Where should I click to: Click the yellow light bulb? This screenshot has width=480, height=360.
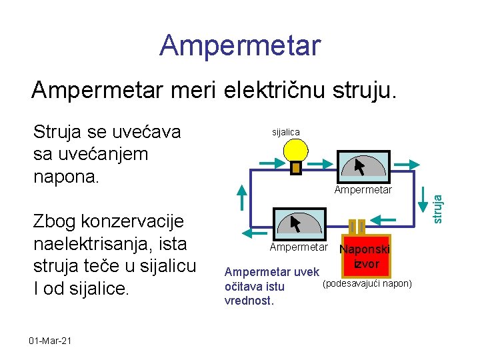(x=296, y=151)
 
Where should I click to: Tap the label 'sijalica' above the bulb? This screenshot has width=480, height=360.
(x=286, y=132)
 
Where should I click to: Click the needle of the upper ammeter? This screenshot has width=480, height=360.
(x=361, y=166)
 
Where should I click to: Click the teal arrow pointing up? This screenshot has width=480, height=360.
(x=241, y=199)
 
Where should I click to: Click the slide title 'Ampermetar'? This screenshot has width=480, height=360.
(x=240, y=45)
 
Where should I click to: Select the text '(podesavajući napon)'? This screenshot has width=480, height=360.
(x=367, y=285)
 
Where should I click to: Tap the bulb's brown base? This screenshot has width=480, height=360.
(x=297, y=168)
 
